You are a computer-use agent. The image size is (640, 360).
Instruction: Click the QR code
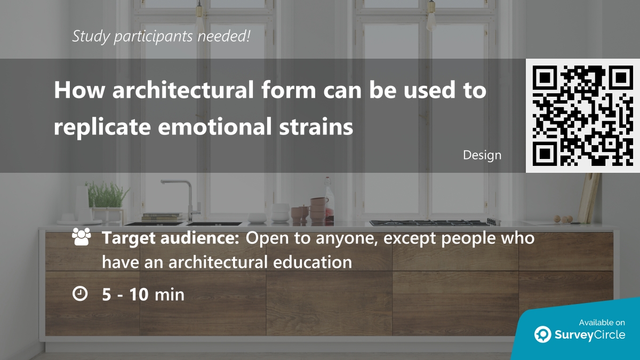(x=583, y=115)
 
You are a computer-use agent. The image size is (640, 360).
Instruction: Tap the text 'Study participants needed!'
(x=161, y=36)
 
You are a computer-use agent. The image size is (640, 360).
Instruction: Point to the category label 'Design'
(x=482, y=155)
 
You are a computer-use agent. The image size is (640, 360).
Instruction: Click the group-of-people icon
(x=81, y=238)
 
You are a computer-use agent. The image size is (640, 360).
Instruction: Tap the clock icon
(x=80, y=293)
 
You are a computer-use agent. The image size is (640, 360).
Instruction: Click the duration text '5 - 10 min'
(x=143, y=294)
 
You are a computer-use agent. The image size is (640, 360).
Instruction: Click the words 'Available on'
(x=602, y=322)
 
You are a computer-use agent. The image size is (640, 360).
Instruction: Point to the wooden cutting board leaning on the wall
(x=589, y=197)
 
